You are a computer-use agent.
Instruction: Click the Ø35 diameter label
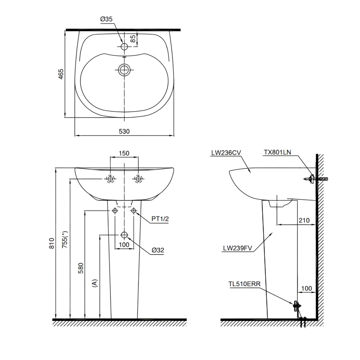point(106,19)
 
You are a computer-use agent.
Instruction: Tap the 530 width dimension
point(124,131)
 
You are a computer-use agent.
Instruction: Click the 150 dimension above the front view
point(124,154)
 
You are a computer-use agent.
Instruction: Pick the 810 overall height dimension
point(51,244)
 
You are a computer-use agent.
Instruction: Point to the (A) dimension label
point(95,283)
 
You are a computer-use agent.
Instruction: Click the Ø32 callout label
point(158,250)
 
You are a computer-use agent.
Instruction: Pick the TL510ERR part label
point(244,284)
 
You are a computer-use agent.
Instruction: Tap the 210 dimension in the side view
point(304,220)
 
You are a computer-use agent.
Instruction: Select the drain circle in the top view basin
point(124,70)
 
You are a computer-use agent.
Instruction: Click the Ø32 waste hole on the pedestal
point(124,235)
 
